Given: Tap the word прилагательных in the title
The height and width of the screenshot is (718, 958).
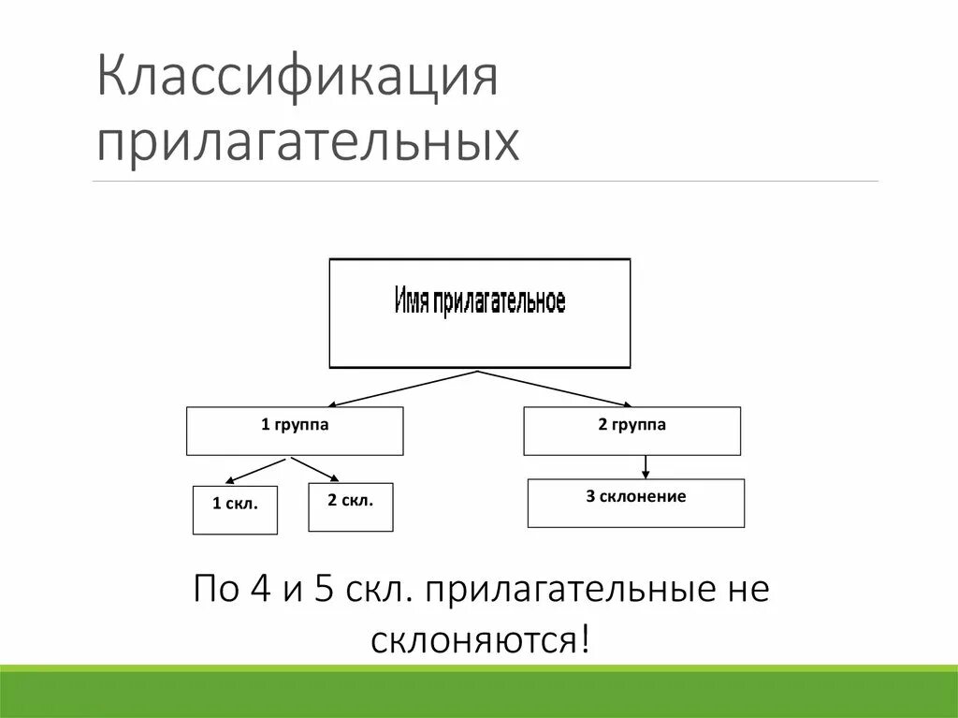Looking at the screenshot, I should tap(308, 144).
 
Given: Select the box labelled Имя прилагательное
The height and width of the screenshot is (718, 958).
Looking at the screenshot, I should tap(480, 313).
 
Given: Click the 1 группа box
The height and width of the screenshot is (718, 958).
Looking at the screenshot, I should tap(295, 431).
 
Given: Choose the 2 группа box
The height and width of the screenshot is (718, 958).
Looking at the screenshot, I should tap(631, 431).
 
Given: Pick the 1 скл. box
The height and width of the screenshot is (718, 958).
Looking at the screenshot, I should tap(235, 509).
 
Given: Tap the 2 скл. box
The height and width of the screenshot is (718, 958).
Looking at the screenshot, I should tap(351, 506).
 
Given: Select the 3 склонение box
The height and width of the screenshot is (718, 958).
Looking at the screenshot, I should tap(636, 503).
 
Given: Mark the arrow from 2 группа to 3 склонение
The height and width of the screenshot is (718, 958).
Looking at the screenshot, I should tap(646, 466).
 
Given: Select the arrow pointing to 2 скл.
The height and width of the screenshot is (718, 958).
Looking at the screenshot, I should tap(314, 470).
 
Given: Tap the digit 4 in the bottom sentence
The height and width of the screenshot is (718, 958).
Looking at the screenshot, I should tap(259, 592).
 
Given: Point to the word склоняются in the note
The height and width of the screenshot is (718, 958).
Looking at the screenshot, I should tap(473, 642).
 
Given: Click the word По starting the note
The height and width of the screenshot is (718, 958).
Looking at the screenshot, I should tap(214, 592).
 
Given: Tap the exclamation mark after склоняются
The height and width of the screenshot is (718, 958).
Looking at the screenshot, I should tap(585, 641).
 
